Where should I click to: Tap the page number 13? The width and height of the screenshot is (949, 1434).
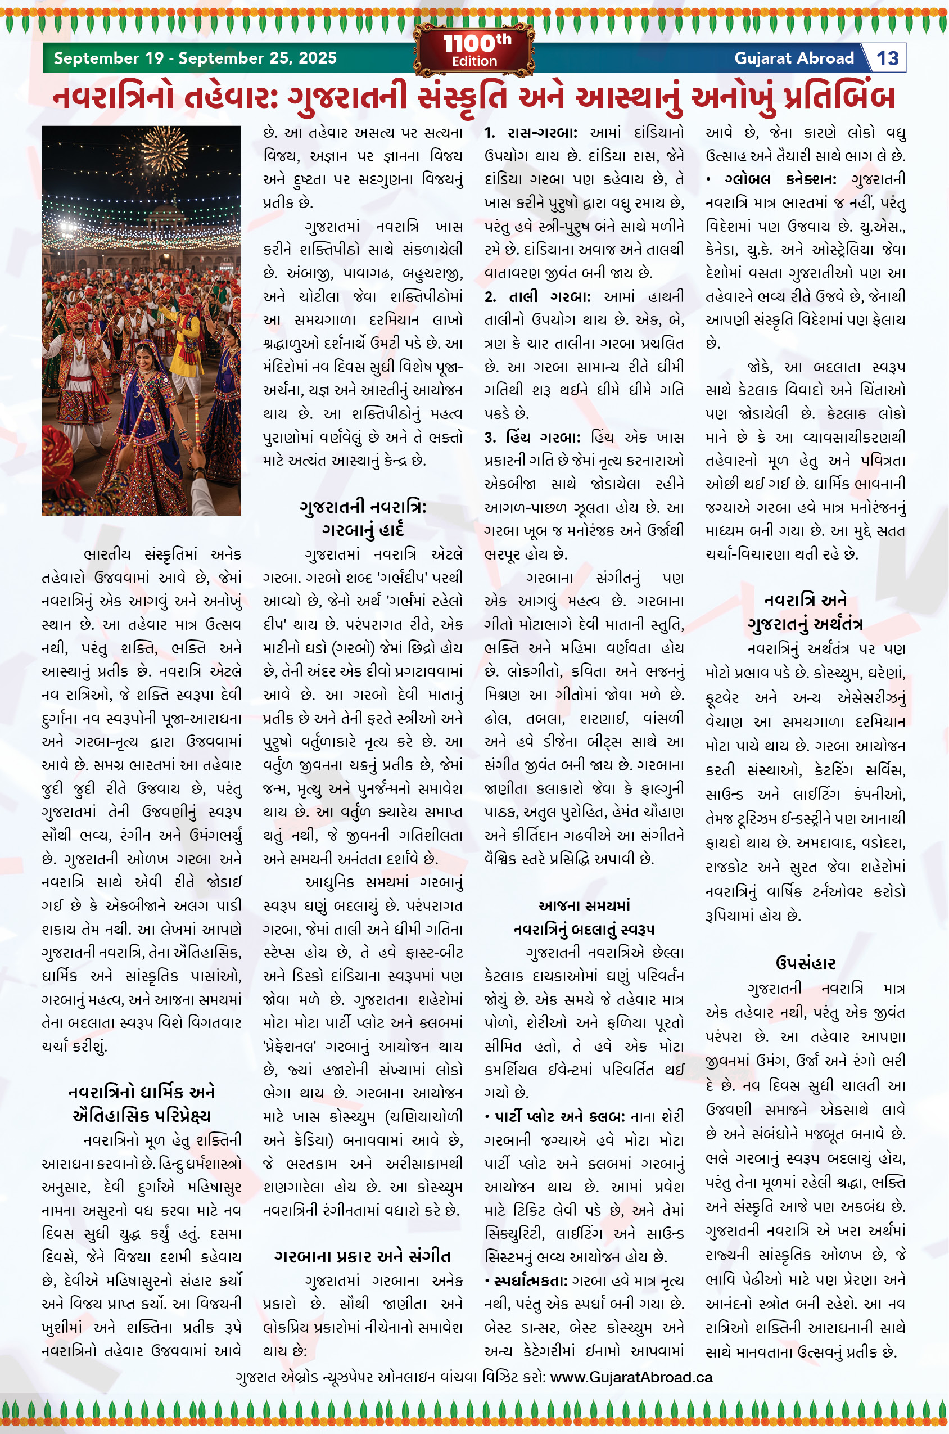[887, 58]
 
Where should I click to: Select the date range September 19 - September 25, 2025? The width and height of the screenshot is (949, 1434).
[195, 58]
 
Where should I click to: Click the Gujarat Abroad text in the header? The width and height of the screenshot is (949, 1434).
[793, 58]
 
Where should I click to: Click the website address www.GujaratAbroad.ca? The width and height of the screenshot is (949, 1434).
[631, 1377]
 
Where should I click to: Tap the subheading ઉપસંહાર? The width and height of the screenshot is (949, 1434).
[806, 964]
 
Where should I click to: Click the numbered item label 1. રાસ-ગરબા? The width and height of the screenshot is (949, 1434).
[531, 133]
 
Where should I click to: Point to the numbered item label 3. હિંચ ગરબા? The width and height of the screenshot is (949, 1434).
[532, 437]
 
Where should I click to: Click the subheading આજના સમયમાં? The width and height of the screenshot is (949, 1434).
[584, 905]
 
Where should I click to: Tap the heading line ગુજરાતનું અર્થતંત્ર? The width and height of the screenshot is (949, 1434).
[805, 624]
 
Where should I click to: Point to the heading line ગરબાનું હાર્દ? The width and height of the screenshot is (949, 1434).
[363, 530]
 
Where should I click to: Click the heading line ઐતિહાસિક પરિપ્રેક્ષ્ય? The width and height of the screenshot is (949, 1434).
[142, 1116]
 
